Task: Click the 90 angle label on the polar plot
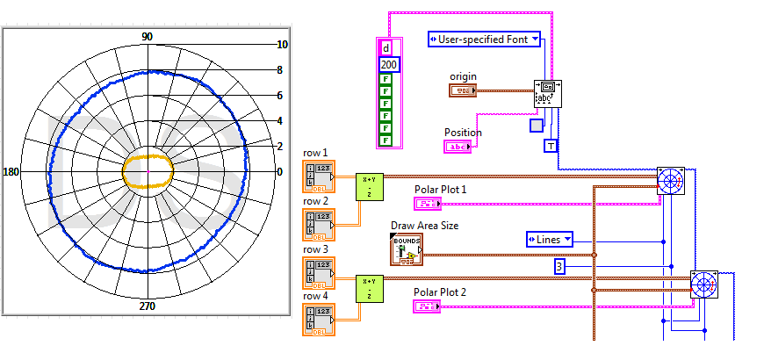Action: coord(148,36)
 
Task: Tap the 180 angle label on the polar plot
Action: coord(12,171)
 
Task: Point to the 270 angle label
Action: coord(148,306)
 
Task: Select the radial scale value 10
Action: coord(283,45)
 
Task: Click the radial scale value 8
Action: coord(280,70)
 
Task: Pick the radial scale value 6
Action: coord(280,96)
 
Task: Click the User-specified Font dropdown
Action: coord(484,39)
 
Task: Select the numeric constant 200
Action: coord(388,65)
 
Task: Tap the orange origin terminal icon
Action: coord(464,90)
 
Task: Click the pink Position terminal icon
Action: coord(458,147)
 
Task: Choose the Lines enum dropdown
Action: coord(550,239)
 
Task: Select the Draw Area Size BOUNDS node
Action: coord(406,249)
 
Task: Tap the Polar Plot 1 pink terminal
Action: coord(429,204)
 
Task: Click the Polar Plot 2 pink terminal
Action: coord(429,306)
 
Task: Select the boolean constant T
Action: coord(551,146)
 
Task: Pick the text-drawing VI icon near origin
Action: coord(549,94)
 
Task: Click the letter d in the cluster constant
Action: coord(386,48)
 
